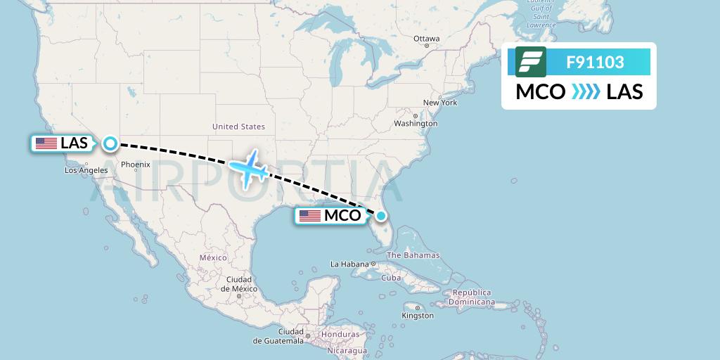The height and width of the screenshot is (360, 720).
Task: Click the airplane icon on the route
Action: [247, 168]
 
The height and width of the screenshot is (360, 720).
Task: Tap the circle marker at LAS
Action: [110, 143]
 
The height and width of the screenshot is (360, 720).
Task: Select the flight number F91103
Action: [595, 62]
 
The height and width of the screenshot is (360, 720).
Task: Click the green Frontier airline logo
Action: [531, 62]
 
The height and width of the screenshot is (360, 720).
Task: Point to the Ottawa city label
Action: [426, 39]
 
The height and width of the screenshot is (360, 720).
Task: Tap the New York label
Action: [440, 103]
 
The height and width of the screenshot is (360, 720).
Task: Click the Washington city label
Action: [416, 124]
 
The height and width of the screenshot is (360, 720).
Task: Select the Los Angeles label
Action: [86, 170]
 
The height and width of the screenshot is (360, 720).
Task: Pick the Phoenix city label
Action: [135, 165]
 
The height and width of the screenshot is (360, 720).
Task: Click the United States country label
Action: [238, 127]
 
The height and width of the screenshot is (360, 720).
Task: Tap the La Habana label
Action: [350, 264]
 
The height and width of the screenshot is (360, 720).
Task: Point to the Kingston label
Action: [418, 316]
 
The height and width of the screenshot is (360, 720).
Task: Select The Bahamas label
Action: [413, 255]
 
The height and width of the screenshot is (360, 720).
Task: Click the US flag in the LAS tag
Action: [46, 143]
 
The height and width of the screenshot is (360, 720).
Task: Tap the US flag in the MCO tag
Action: [309, 216]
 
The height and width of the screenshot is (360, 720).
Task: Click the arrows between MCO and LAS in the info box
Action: [586, 92]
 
